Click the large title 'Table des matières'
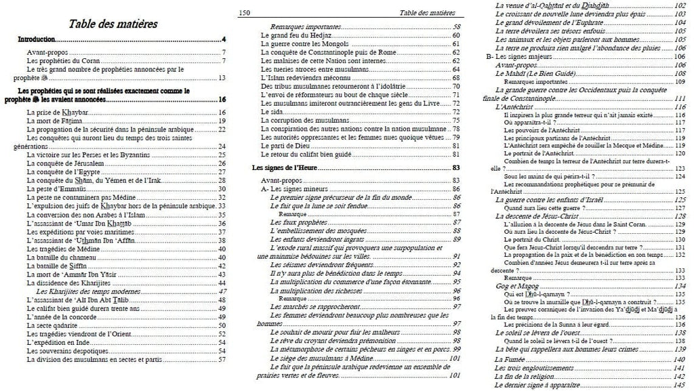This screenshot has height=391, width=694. click(x=113, y=24)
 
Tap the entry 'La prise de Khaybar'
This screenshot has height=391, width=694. click(x=54, y=111)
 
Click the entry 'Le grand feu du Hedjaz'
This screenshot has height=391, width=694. click(x=295, y=35)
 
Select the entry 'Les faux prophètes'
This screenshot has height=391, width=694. click(x=298, y=222)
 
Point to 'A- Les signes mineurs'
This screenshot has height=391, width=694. click(x=296, y=188)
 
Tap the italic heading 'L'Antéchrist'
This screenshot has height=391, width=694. click(x=514, y=107)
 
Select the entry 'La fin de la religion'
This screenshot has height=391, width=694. click(x=527, y=376)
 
